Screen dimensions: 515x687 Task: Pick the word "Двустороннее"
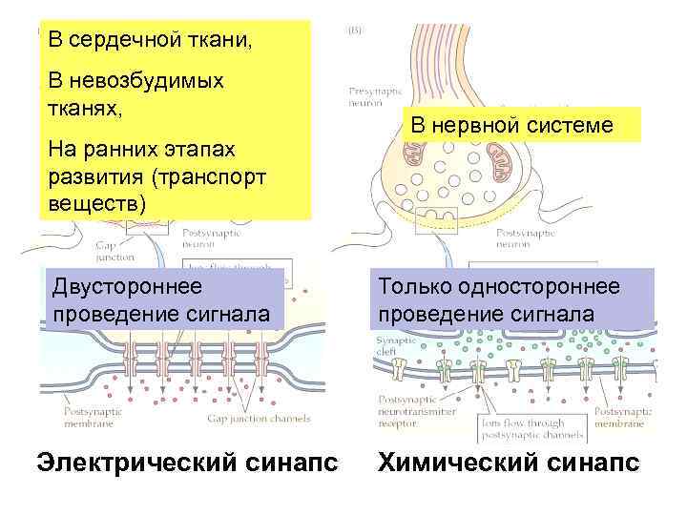pos(128,287)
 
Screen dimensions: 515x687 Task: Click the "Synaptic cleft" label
pos(391,343)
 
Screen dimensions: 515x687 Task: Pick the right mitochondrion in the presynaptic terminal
pos(503,163)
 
